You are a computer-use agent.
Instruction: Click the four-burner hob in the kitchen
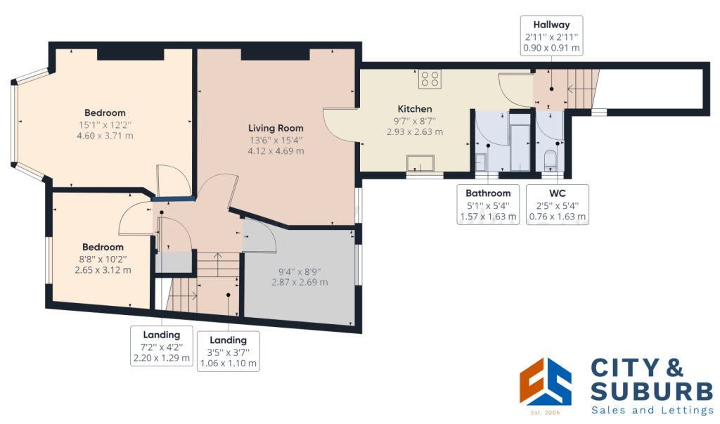[430, 79]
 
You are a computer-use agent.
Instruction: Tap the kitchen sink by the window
[420, 164]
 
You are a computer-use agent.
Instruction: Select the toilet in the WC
[550, 159]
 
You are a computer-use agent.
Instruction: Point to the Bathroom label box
[487, 205]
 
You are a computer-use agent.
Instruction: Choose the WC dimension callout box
[558, 205]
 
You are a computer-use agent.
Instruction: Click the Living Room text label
[276, 128]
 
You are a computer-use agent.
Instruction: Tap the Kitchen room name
[415, 109]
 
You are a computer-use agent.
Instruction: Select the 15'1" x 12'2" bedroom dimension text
[105, 124]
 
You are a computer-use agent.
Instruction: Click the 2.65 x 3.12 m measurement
[103, 270]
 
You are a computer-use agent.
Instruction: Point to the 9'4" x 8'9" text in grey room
[300, 271]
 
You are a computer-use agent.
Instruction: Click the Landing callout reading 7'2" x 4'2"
[162, 347]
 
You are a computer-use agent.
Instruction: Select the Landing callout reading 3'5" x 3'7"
[228, 352]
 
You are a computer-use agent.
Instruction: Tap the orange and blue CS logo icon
[545, 382]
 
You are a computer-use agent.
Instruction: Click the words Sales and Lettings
[652, 411]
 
